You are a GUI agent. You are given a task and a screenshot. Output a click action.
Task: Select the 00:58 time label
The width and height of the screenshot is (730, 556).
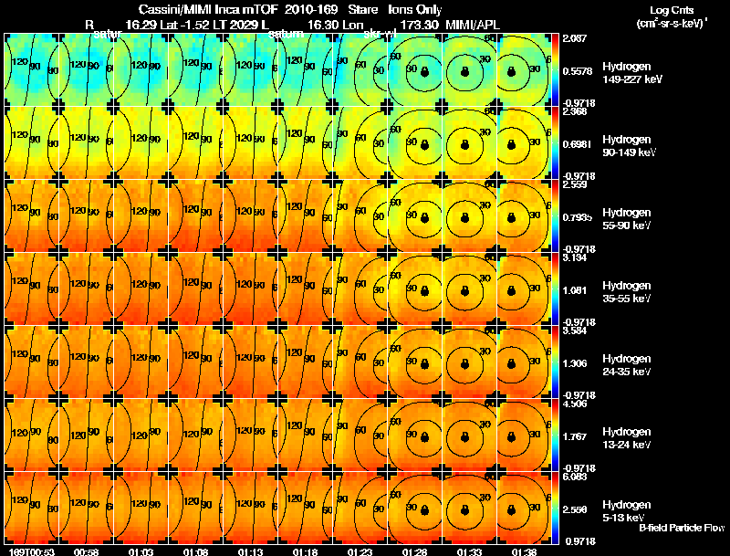click(x=87, y=551)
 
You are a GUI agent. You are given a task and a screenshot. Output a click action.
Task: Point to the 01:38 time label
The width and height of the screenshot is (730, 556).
click(x=525, y=551)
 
